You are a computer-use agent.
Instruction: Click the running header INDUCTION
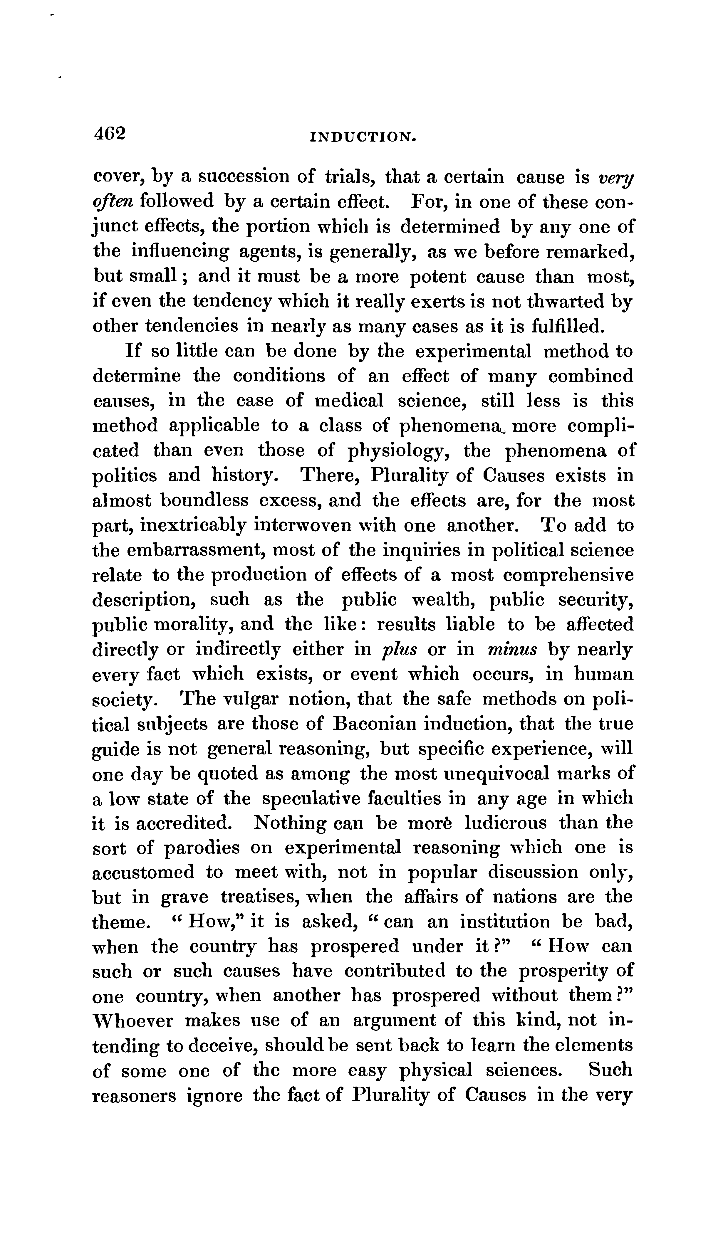[363, 138]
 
